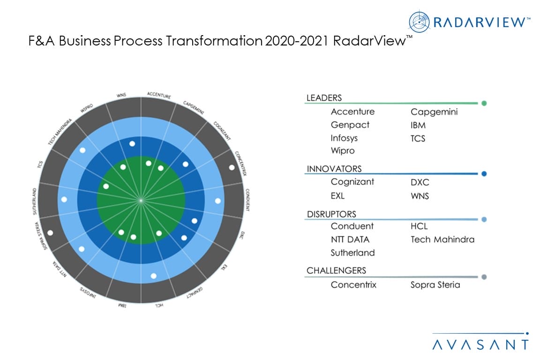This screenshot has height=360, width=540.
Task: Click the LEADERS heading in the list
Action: tap(324, 98)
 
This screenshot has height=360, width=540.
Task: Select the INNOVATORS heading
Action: tap(334, 169)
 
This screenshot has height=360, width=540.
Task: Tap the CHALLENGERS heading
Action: tap(336, 270)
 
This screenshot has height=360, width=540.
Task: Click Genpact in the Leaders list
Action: tap(350, 125)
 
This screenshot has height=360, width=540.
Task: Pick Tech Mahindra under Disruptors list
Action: tap(442, 239)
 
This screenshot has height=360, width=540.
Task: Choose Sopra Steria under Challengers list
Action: tap(435, 285)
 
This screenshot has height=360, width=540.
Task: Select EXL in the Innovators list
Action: tap(337, 195)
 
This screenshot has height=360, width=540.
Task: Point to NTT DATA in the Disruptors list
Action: tap(350, 239)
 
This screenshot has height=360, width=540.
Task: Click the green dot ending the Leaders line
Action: tap(484, 103)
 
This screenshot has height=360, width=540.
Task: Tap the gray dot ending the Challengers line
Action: tap(484, 277)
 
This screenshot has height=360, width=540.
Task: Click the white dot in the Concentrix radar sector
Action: tap(232, 167)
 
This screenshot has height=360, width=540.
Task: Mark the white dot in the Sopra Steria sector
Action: tap(50, 232)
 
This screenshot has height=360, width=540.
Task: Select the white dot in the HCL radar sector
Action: tap(153, 276)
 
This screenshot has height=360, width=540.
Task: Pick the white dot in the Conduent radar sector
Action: tap(217, 201)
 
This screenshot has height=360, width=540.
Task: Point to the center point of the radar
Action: tap(141, 200)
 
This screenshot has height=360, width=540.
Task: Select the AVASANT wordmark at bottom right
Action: tap(480, 345)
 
